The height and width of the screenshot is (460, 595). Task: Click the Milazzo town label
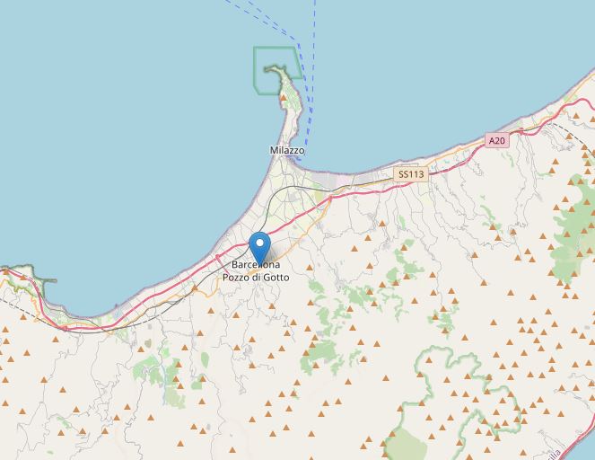coord(287,150)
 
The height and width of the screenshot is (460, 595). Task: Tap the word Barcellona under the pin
coord(256,265)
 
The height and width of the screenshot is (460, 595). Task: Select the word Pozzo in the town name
coord(238,278)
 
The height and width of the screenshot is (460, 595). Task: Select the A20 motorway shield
coord(496,140)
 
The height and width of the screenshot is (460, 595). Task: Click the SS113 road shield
coord(411,174)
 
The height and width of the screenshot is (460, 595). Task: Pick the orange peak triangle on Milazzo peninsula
coord(285,94)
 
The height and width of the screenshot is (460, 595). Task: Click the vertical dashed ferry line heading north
coord(315,36)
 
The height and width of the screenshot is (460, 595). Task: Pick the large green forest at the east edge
coord(574,234)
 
